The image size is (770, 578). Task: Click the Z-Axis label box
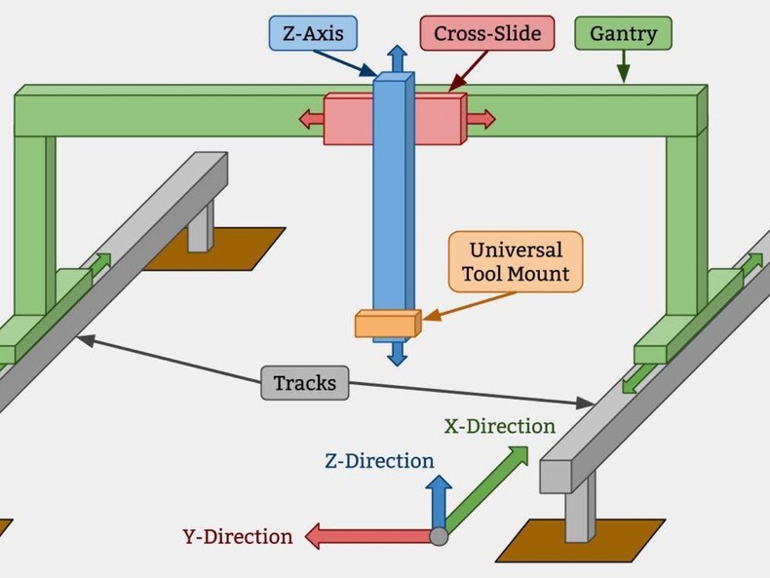coord(313,34)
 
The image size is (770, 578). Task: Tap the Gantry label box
coord(623,34)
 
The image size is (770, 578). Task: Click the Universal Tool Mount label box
coord(516,261)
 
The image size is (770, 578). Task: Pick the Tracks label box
coord(304,383)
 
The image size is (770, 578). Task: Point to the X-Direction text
coord(499,426)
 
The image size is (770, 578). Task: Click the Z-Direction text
coord(379,461)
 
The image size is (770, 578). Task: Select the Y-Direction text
coord(237,536)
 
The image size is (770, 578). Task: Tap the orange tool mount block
coord(387,324)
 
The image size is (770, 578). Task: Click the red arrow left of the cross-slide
coord(311,119)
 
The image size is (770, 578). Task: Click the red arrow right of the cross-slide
coord(480,119)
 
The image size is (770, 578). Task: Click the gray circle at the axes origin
coord(439,535)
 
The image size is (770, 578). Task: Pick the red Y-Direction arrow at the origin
coord(366,535)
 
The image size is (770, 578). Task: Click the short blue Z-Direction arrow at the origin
coord(439,499)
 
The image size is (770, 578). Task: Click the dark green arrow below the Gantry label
coord(623,67)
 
